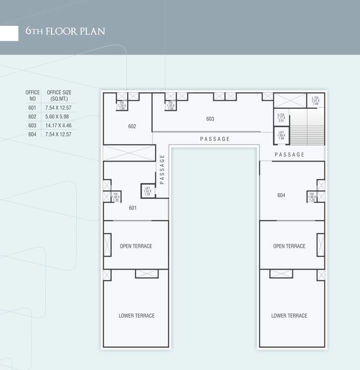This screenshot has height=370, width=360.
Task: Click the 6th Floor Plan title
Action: coord(65,32)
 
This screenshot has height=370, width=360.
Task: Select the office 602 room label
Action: coord(132,126)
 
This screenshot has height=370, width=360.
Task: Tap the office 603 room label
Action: coord(210,119)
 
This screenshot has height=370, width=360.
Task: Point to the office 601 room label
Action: coord(133,208)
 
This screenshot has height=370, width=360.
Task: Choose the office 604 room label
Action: coord(281,195)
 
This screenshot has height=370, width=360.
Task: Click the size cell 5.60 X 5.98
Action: coord(58,117)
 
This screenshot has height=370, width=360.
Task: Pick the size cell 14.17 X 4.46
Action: coord(58,125)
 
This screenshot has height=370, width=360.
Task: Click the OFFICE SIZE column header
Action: coord(59,95)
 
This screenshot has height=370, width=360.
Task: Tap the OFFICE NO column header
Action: coord(32,95)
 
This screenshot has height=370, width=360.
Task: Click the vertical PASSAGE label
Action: coord(162,169)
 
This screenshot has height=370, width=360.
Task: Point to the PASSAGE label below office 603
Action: coord(215,139)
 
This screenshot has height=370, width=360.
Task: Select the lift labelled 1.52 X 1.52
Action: coord(147,191)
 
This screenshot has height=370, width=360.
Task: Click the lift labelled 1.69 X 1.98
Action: coord(281,135)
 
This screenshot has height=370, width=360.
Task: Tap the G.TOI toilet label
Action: coord(281,118)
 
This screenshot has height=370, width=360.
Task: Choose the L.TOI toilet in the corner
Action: coord(315,100)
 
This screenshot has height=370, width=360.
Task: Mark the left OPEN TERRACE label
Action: coord(136,246)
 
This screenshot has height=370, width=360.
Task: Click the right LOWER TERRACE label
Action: coord(289,316)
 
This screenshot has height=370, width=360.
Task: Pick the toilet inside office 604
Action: coord(311,197)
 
